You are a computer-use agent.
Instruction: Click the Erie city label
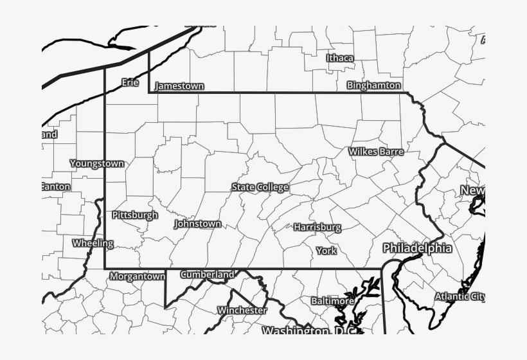pyautogui.click(x=130, y=82)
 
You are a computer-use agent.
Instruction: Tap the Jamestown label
pyautogui.click(x=180, y=85)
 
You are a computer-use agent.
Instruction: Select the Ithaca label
pyautogui.click(x=340, y=58)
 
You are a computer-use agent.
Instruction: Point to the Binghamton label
pyautogui.click(x=374, y=85)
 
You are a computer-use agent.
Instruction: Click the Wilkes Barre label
pyautogui.click(x=376, y=152)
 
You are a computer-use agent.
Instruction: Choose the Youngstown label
pyautogui.click(x=97, y=163)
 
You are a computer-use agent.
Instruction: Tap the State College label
pyautogui.click(x=260, y=187)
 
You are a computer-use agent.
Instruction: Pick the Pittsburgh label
pyautogui.click(x=135, y=215)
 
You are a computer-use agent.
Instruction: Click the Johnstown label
pyautogui.click(x=198, y=224)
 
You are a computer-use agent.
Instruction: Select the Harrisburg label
pyautogui.click(x=317, y=227)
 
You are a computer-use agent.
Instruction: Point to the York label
pyautogui.click(x=326, y=250)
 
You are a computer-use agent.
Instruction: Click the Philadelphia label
pyautogui.click(x=417, y=248)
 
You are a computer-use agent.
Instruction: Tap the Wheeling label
pyautogui.click(x=93, y=243)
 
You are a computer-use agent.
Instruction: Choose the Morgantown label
pyautogui.click(x=138, y=276)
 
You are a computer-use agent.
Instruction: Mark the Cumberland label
pyautogui.click(x=207, y=274)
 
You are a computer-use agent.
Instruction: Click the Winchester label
pyautogui.click(x=242, y=310)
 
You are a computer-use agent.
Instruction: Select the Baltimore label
pyautogui.click(x=332, y=301)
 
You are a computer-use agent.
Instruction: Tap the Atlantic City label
pyautogui.click(x=460, y=296)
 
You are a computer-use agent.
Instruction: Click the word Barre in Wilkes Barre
pyautogui.click(x=391, y=152)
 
